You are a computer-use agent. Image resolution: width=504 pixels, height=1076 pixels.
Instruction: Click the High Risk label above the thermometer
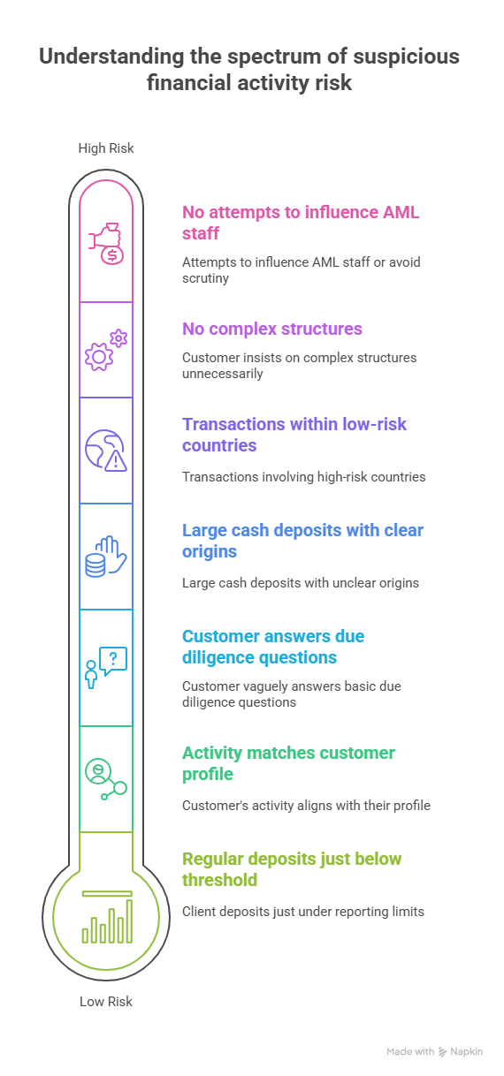[106, 148]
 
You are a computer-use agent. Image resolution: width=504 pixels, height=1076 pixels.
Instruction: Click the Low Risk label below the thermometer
[106, 1002]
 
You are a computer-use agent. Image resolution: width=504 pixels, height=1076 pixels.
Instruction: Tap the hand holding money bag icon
[106, 244]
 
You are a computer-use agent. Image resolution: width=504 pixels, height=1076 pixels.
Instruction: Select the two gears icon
[106, 350]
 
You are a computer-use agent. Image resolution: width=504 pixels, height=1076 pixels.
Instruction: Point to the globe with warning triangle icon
[106, 450]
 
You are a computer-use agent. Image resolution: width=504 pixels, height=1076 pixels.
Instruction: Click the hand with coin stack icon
[106, 557]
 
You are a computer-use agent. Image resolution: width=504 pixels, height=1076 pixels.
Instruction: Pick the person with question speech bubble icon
[106, 668]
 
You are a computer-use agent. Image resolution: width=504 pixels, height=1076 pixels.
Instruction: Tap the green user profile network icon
[106, 779]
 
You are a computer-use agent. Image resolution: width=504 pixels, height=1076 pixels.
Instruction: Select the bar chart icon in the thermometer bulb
[107, 917]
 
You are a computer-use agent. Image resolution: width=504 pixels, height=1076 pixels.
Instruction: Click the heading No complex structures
[272, 329]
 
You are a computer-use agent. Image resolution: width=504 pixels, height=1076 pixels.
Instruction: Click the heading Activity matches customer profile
[288, 763]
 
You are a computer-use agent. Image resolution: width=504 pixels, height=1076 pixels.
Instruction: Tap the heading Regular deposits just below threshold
[292, 869]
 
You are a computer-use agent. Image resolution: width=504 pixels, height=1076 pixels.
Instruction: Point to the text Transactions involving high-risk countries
[304, 477]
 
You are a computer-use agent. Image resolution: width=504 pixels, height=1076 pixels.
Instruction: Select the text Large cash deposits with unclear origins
[301, 583]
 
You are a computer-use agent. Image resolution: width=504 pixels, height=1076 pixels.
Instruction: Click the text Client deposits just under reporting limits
[303, 912]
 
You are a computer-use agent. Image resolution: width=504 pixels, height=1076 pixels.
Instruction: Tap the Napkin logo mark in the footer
[442, 1051]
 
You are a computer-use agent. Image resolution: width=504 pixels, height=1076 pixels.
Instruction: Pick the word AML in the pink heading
[401, 212]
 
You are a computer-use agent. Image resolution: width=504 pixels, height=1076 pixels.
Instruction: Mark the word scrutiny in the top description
[205, 278]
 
